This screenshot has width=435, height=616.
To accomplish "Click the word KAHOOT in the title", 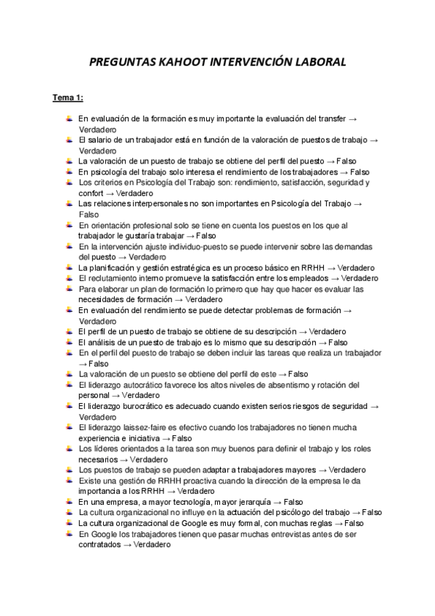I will pyautogui.click(x=173, y=63).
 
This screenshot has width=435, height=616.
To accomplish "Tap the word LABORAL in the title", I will pyautogui.click(x=315, y=63).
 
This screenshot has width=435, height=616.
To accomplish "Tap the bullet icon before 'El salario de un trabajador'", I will pyautogui.click(x=68, y=139).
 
